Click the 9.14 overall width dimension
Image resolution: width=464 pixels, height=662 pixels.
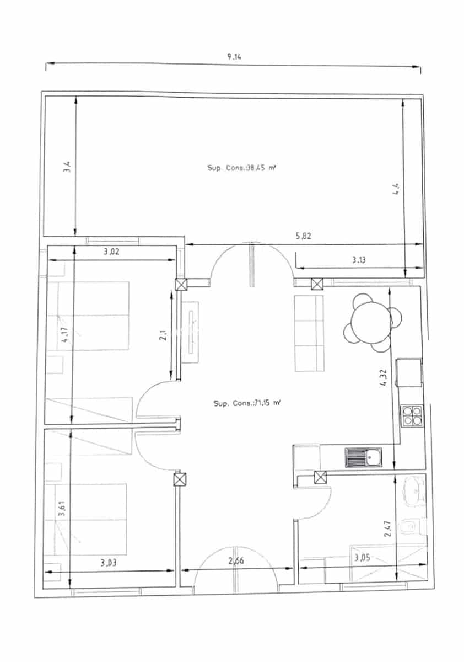[234, 57]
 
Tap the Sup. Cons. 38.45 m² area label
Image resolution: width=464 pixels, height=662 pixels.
[241, 168]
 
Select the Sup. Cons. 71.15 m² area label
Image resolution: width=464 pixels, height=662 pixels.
[247, 403]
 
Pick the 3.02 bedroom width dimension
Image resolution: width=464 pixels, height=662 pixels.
[112, 253]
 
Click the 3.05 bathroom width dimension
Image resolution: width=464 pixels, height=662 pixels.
[362, 558]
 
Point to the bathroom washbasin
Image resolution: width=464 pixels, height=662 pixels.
[414, 489]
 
